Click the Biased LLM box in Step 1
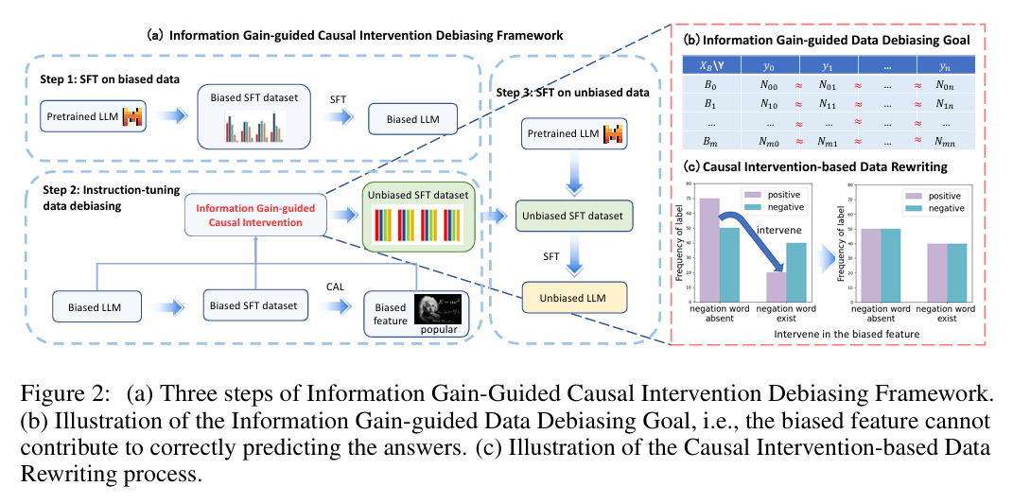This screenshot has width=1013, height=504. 411,120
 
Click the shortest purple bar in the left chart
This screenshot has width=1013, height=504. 777,286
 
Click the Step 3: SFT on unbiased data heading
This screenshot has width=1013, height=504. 573,93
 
